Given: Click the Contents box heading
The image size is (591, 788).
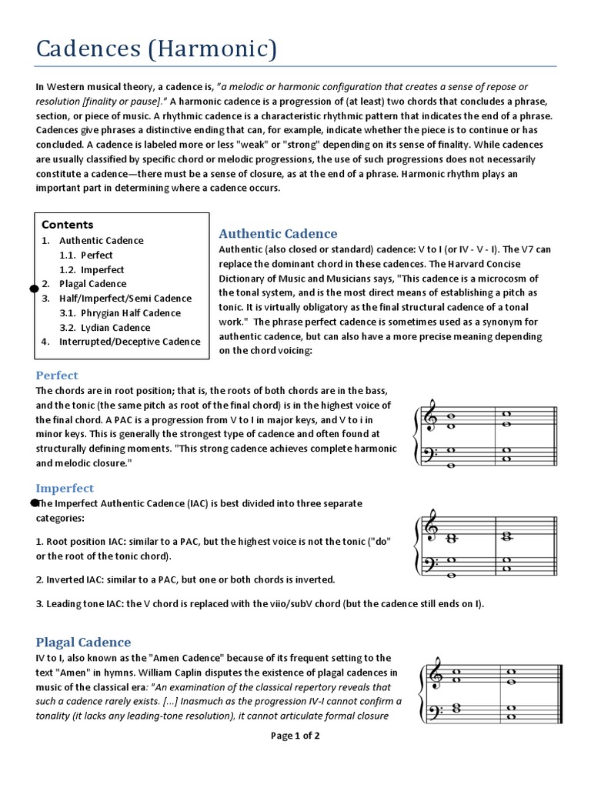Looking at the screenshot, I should [67, 225].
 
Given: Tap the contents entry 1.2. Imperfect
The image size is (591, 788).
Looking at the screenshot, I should [92, 269].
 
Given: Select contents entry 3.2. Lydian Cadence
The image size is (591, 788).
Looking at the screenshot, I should [105, 327].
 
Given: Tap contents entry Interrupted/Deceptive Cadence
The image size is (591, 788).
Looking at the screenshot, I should [129, 342].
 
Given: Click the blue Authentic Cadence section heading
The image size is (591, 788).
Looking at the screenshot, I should [278, 234].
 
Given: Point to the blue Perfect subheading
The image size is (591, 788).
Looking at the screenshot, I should [57, 376].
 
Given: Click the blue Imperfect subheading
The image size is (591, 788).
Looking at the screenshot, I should [65, 488].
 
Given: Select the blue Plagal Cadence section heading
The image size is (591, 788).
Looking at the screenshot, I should [83, 642].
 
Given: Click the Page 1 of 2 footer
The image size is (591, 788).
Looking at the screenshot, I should [295, 736].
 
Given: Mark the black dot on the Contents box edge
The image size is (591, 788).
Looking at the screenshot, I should [34, 289].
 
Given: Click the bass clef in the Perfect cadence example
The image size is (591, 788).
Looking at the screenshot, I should [432, 455].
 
